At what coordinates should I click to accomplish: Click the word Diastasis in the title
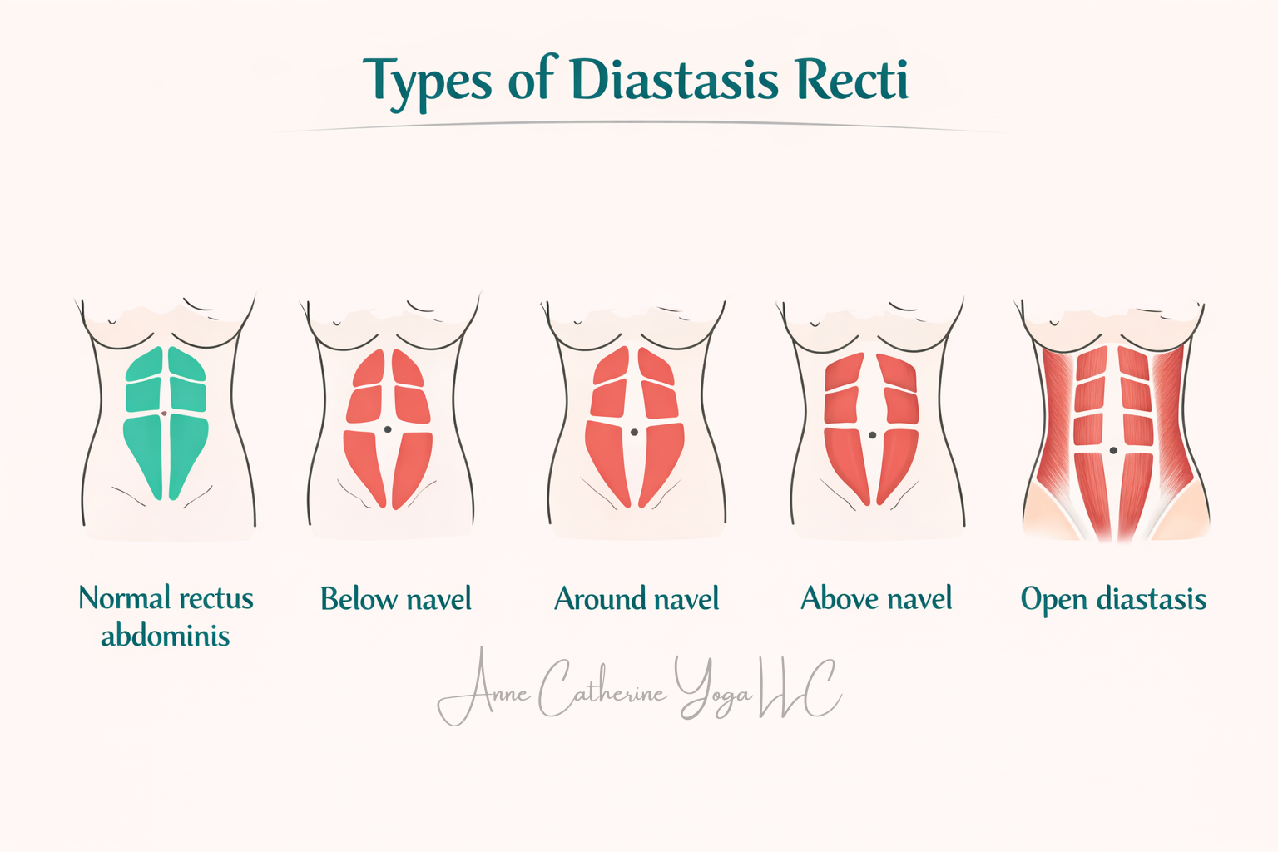[674, 81]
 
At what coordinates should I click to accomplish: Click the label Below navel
[396, 599]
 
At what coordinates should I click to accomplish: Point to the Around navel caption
[637, 599]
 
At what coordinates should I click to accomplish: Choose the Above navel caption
[876, 598]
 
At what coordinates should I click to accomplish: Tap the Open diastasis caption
[1113, 599]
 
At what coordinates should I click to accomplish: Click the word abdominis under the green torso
[166, 636]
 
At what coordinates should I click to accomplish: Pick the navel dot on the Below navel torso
[388, 429]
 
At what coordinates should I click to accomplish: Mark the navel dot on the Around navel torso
[634, 433]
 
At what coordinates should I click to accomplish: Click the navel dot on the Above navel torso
[872, 435]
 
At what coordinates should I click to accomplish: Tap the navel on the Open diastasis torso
[1113, 450]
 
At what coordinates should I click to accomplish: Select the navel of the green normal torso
[164, 414]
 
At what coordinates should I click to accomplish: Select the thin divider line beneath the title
[639, 125]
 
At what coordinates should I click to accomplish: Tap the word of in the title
[530, 81]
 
